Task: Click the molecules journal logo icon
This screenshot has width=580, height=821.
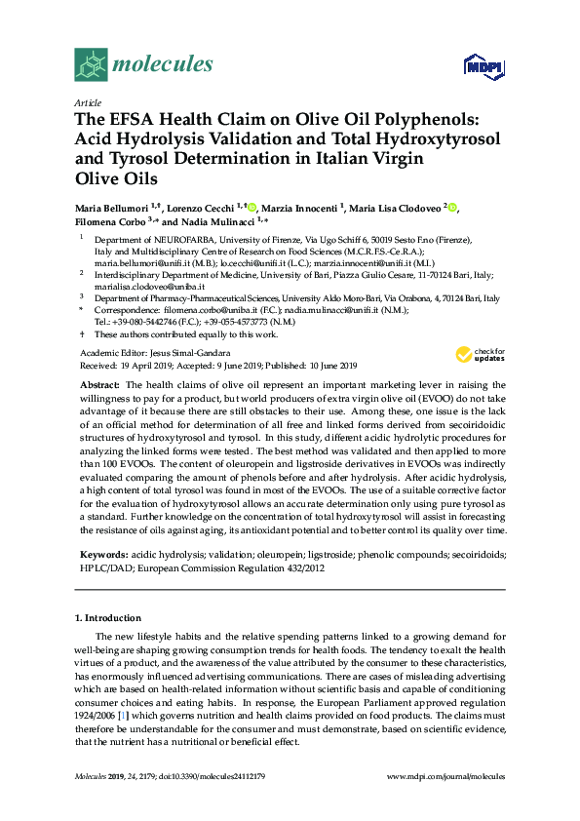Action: pyautogui.click(x=91, y=64)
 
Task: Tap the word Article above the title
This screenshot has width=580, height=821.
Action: pyautogui.click(x=88, y=101)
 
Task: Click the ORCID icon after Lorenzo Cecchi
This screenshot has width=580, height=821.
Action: pyautogui.click(x=251, y=207)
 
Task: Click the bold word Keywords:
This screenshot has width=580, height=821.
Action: pyautogui.click(x=106, y=554)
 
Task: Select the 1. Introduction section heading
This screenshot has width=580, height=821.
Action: pyautogui.click(x=108, y=618)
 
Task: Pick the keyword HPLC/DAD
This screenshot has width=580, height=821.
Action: pyautogui.click(x=105, y=567)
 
